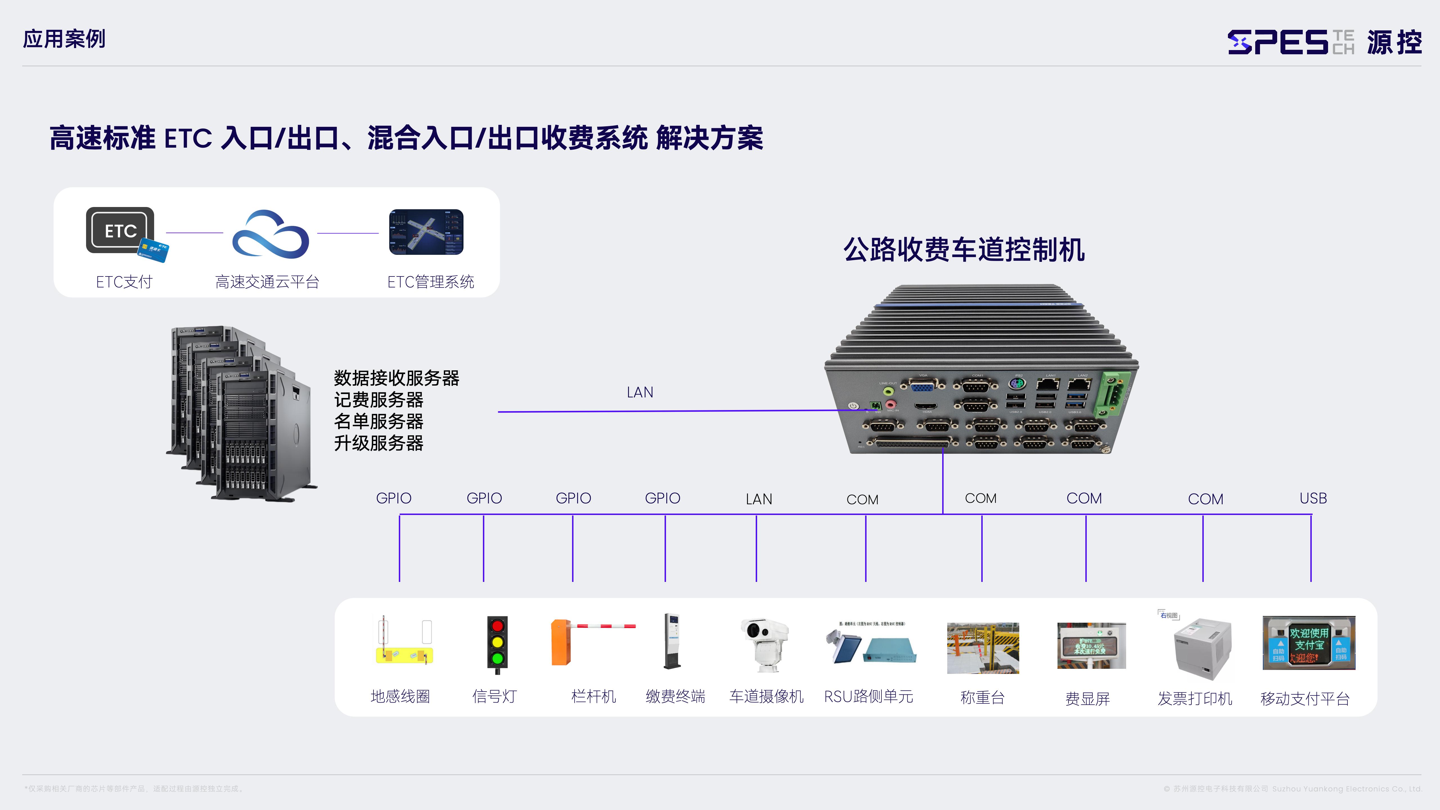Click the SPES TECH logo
pos(1324,42)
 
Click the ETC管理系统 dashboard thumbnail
pos(426,232)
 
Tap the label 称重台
pos(982,697)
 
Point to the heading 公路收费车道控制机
pos(964,250)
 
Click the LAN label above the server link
pos(640,392)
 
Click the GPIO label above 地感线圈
pos(393,498)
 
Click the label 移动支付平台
pos(1305,698)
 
